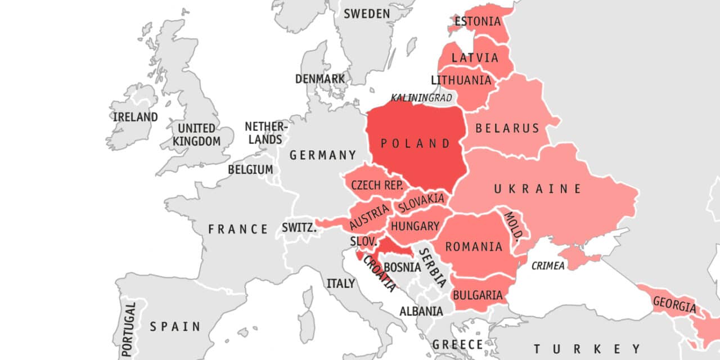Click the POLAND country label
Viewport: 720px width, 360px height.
coord(416,143)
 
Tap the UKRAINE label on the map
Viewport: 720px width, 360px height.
coord(537,189)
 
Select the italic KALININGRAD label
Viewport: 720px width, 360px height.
coord(421,98)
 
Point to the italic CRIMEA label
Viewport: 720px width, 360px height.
coord(548,266)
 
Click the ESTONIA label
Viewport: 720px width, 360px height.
coord(478,22)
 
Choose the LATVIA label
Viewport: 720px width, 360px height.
coord(475,57)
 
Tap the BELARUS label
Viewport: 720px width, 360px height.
coord(507,128)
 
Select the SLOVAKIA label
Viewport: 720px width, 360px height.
coord(421,202)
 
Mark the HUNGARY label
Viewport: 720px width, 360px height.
coord(415,226)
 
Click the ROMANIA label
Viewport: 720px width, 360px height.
coord(474,246)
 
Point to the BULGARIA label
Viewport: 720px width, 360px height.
coord(478,295)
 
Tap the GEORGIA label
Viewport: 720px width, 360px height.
coord(674,305)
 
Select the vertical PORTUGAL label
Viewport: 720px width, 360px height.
coord(130,330)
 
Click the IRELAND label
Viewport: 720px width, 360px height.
coord(135,117)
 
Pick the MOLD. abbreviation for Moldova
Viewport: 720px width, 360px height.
coord(514,225)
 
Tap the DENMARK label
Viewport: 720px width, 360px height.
coord(320,79)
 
